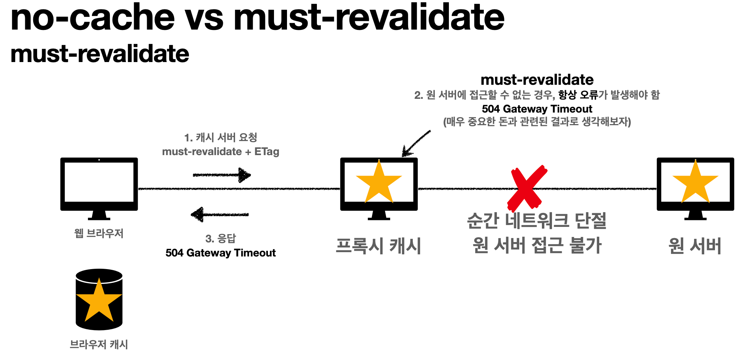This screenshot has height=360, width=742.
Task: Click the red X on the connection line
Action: tap(527, 188)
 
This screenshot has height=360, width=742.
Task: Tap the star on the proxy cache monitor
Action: tap(379, 183)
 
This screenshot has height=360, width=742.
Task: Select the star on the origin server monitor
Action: tap(695, 183)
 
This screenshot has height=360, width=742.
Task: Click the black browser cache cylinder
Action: tap(99, 299)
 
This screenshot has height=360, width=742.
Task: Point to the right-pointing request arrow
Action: tap(222, 175)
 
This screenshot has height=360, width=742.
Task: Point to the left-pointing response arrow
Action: tap(220, 215)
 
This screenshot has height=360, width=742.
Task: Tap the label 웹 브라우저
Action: tap(99, 233)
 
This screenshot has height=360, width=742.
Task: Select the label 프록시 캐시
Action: tap(379, 246)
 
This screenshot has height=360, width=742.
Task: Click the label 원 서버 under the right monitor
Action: tap(695, 246)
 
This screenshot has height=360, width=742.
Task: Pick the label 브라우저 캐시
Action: tap(99, 344)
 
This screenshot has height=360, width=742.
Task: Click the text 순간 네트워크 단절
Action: tap(536, 221)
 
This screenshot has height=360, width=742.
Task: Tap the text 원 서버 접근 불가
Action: tap(536, 245)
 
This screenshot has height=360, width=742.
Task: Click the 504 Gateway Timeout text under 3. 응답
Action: tap(220, 253)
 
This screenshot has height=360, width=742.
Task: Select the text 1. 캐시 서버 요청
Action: tap(221, 137)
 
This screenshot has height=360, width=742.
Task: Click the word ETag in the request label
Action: tap(267, 152)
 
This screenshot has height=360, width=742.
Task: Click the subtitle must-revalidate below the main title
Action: tap(100, 54)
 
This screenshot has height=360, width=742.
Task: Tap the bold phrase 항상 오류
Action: tap(578, 95)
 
